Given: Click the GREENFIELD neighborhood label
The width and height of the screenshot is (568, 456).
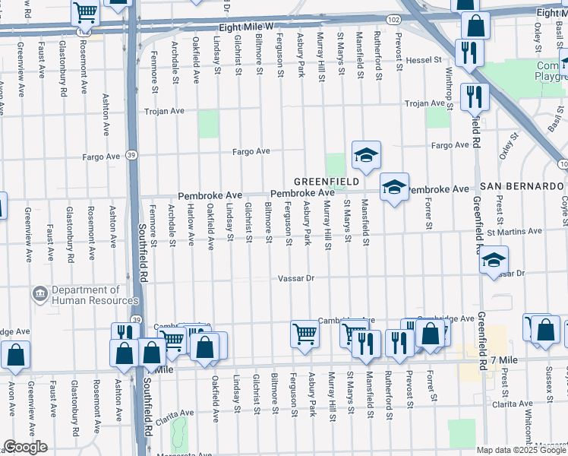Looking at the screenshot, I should coord(327,182).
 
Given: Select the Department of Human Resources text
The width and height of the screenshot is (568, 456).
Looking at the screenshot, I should coord(85,295).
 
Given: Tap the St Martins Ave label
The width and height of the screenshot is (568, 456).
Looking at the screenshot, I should coord(515,231).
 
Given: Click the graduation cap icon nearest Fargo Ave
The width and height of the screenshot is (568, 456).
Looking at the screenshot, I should coord(366,156).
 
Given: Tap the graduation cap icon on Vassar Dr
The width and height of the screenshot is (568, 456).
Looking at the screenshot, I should coord(494,261).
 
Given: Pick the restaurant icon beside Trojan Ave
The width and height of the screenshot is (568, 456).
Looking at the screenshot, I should coord(475,96).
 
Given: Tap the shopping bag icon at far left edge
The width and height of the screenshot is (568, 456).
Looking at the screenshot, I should coord(14,355).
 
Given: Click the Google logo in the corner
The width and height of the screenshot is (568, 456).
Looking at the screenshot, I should coord(26,447).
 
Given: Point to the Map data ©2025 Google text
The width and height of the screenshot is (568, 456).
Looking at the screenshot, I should coord(521,450).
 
